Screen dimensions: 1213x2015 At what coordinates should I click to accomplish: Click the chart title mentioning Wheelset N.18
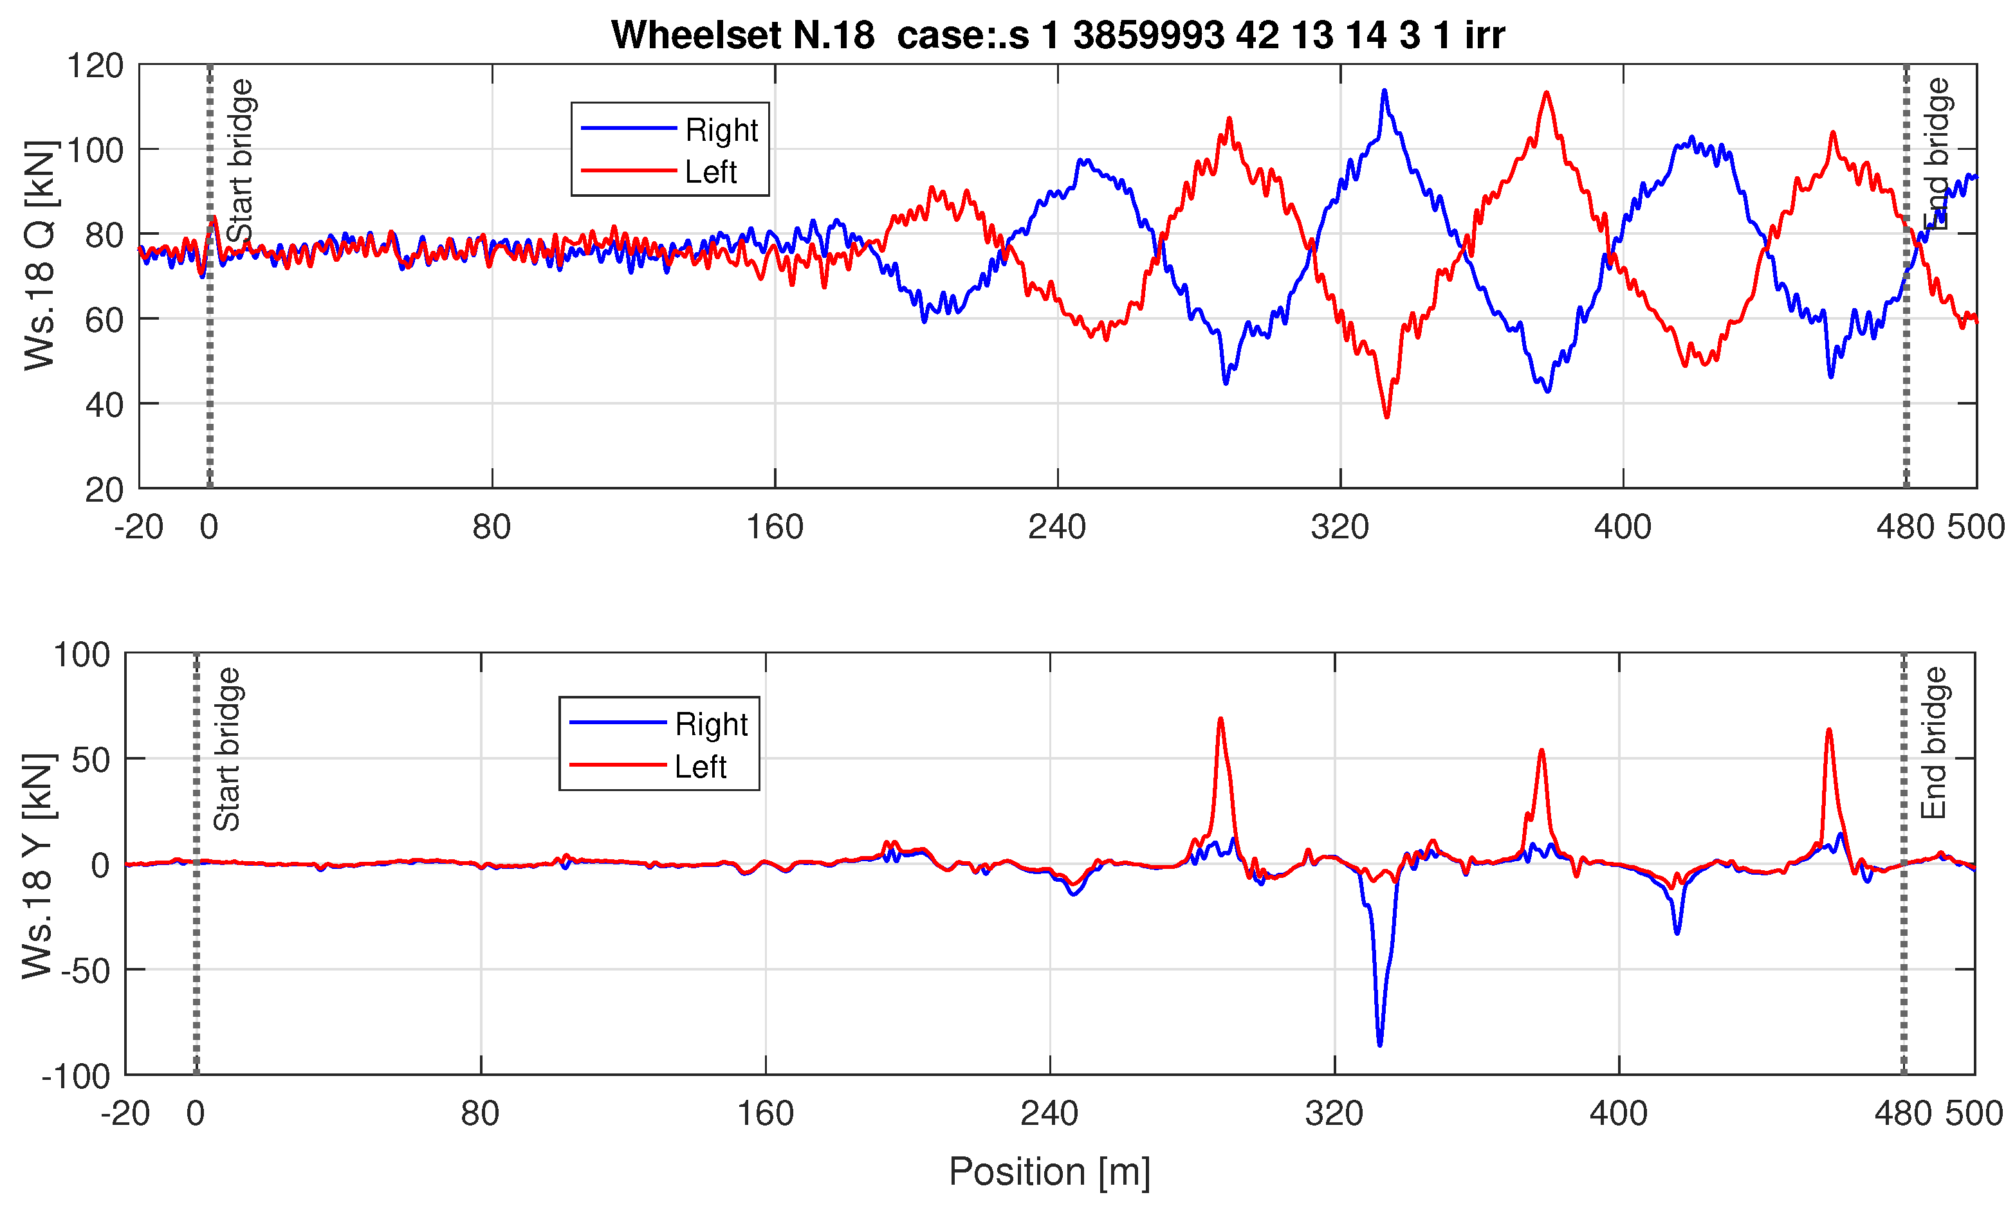[x=1057, y=35]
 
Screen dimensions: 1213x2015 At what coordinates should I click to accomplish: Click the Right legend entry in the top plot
[x=721, y=130]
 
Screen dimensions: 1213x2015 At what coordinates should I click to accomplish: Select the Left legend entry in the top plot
[x=710, y=172]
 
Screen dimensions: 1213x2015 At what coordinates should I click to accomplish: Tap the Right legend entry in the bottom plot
[x=710, y=724]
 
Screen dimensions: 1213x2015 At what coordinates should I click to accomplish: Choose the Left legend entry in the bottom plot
[x=700, y=767]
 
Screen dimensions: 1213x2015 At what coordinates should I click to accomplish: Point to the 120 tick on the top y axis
[x=95, y=66]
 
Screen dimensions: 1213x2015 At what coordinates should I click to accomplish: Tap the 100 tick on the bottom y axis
[x=82, y=655]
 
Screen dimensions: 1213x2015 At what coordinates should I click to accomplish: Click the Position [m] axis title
[x=1049, y=1171]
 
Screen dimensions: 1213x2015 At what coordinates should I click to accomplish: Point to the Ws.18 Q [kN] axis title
[x=39, y=255]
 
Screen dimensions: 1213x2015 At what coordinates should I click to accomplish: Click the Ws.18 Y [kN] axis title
[x=37, y=866]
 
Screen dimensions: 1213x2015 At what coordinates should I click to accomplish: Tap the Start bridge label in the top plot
[x=241, y=160]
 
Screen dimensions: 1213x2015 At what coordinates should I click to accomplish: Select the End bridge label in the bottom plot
[x=1934, y=743]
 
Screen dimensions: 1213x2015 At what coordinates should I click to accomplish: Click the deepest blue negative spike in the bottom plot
[x=1380, y=1044]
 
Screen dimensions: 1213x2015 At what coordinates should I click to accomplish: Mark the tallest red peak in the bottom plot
[x=1220, y=719]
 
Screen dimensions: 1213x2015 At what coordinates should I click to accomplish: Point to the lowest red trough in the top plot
[x=1386, y=417]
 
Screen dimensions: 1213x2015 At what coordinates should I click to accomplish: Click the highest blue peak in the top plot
[x=1384, y=91]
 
